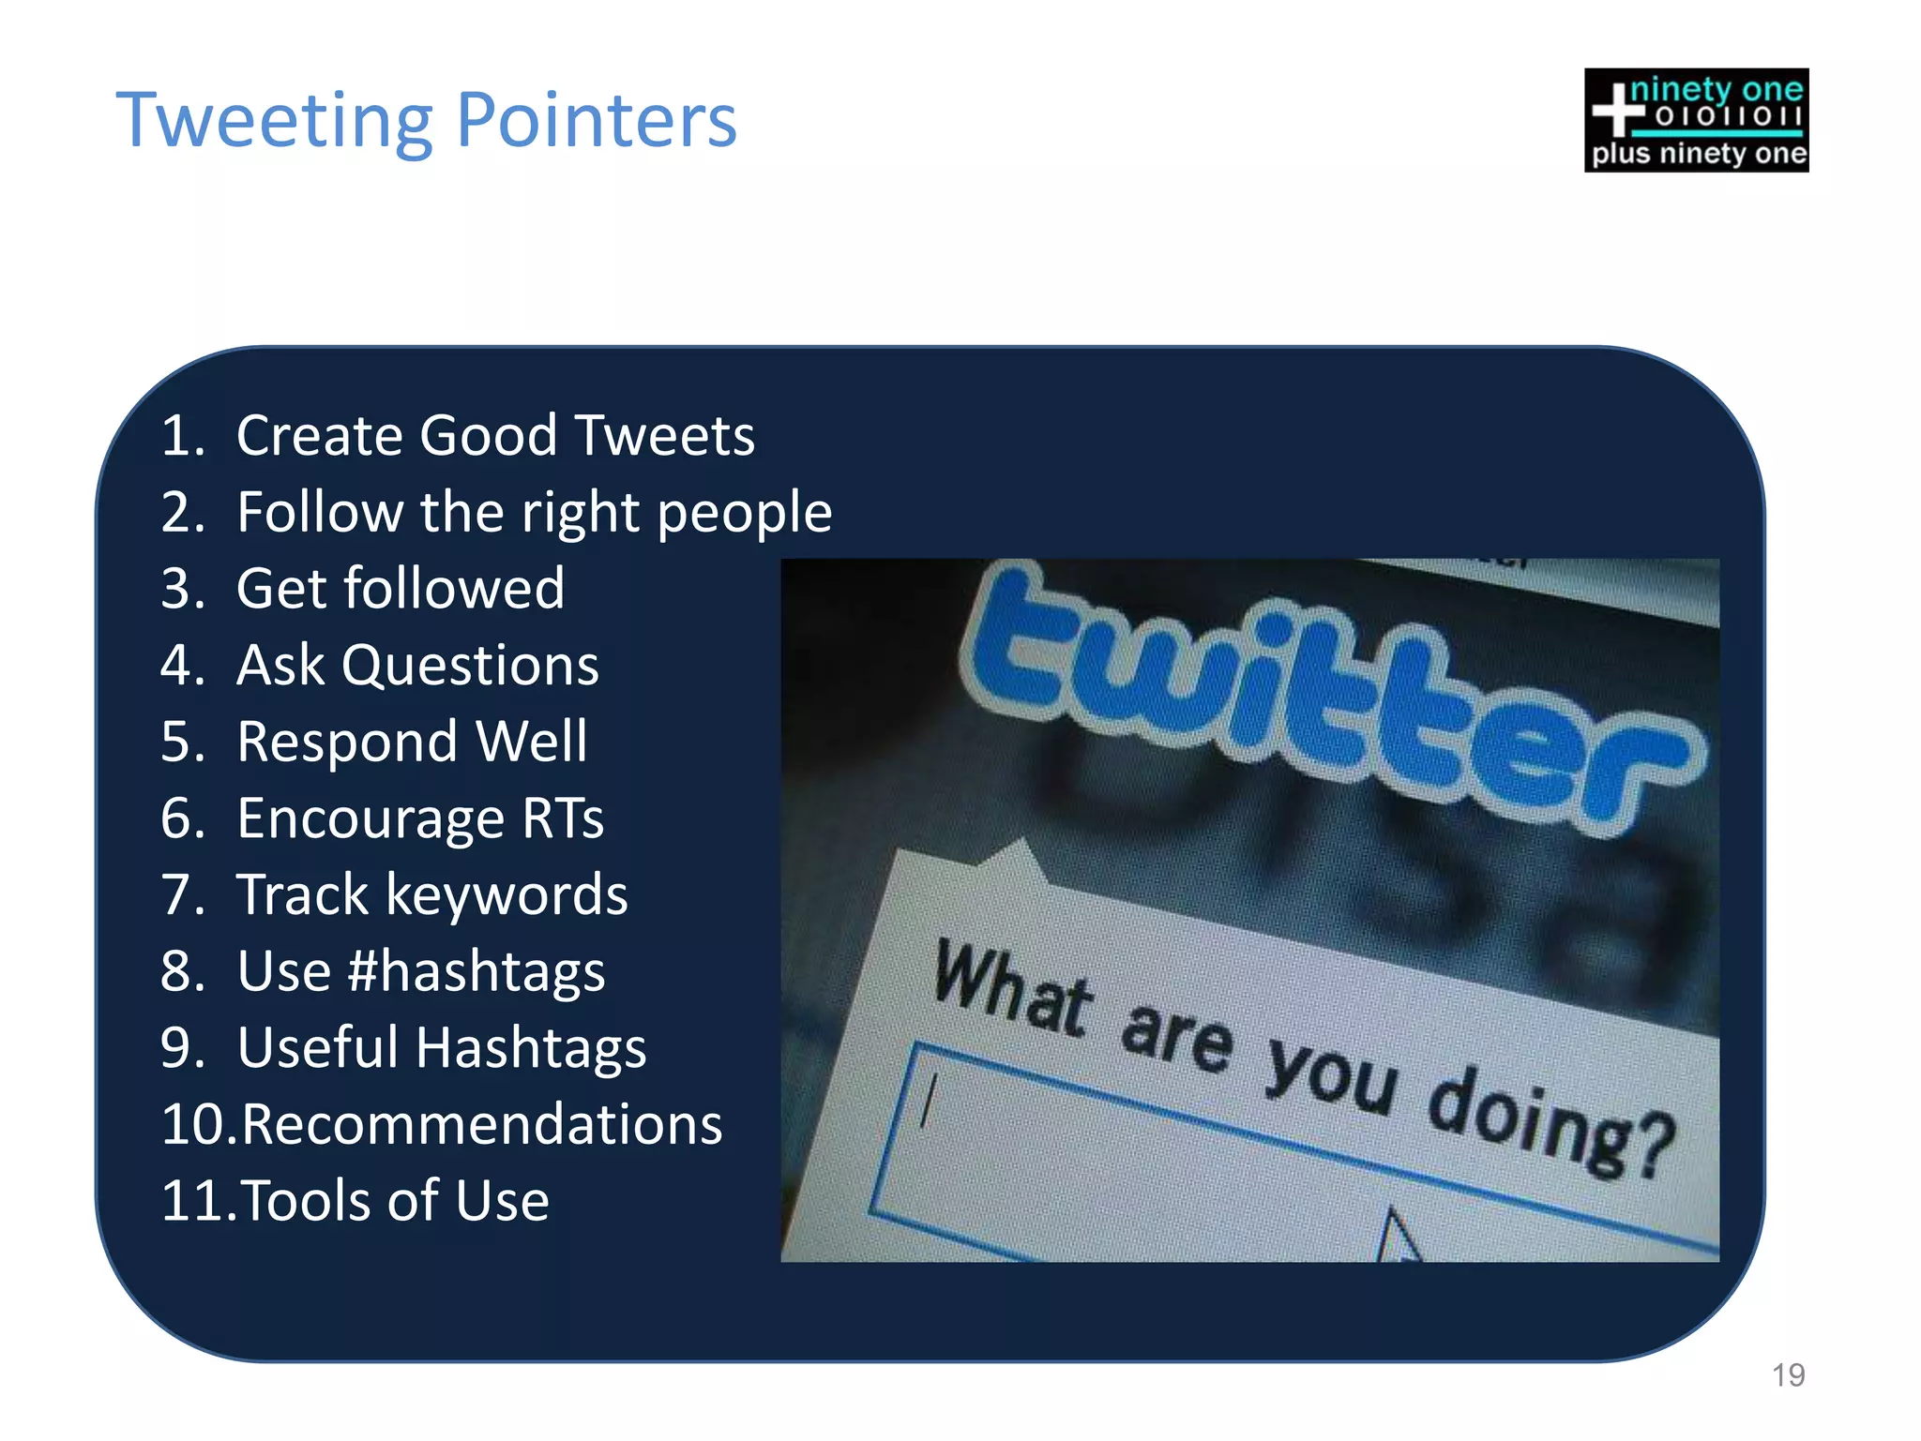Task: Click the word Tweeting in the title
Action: (275, 122)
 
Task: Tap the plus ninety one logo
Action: (1696, 120)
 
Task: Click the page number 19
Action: (1788, 1375)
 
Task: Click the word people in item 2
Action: (744, 514)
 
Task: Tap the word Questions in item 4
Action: (469, 666)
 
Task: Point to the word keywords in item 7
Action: (507, 895)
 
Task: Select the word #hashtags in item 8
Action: (476, 972)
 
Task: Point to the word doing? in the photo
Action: (1548, 1120)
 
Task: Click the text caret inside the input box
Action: (928, 1103)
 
